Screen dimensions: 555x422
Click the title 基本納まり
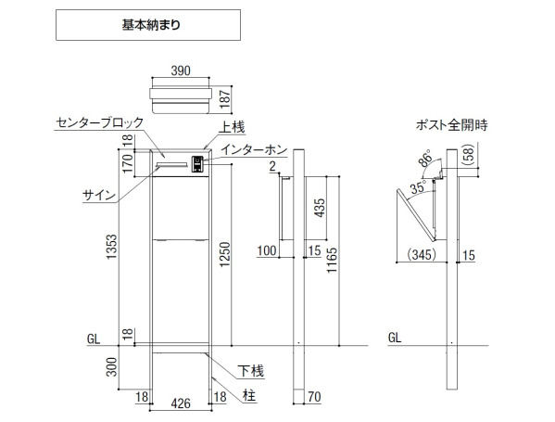[x=151, y=25]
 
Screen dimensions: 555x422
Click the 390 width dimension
[x=181, y=70]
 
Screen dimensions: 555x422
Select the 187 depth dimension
[x=225, y=98]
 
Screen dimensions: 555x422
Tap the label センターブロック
[x=100, y=122]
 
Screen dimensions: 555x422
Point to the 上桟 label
[x=232, y=128]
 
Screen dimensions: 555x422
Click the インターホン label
[x=254, y=149]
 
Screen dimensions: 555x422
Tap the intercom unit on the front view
[x=197, y=164]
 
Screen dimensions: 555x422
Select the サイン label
[x=99, y=195]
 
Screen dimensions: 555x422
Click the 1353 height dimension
[x=112, y=247]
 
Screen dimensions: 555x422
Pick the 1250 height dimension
[x=225, y=254]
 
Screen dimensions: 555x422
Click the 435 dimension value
[x=319, y=208]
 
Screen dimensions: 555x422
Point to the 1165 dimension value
[x=332, y=261]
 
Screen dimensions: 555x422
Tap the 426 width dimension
[x=181, y=403]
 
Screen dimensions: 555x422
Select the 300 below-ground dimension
[x=112, y=367]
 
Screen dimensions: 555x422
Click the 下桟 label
[x=251, y=371]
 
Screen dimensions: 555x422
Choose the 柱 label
[x=249, y=396]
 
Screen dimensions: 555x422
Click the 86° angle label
[x=426, y=158]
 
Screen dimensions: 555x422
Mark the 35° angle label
[x=419, y=186]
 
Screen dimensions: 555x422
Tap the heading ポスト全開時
[x=451, y=125]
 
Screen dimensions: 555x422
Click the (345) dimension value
[x=422, y=255]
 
